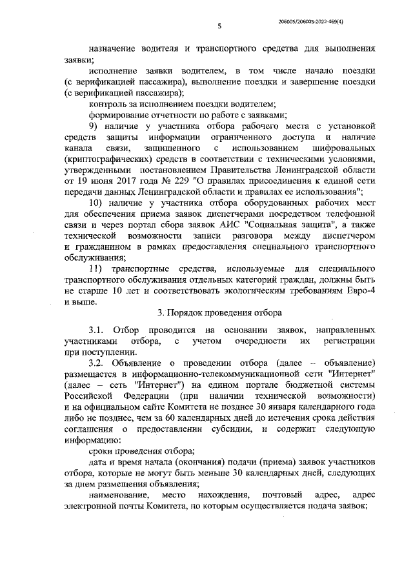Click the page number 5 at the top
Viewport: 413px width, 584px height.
[x=219, y=26]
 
